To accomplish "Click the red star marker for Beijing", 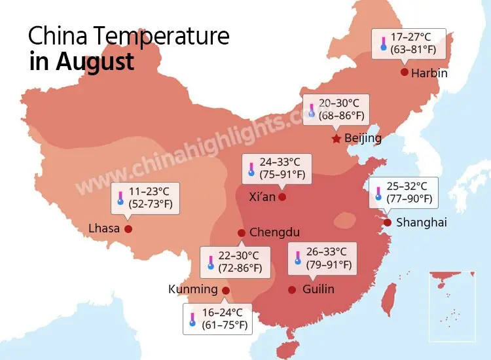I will [x=336, y=139].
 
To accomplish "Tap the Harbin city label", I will [x=429, y=73].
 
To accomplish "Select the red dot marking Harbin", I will [x=405, y=72].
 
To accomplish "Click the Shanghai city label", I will [x=422, y=223].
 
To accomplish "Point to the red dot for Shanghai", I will [x=388, y=223].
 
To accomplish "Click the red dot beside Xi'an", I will [x=282, y=196].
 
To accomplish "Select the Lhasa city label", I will [x=104, y=229].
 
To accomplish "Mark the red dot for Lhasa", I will [x=128, y=229].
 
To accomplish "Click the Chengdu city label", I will [x=275, y=232].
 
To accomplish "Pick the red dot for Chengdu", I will [x=242, y=233].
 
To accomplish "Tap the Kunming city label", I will [x=192, y=289].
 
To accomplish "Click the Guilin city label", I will [x=319, y=289].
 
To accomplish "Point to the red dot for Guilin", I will [x=292, y=289].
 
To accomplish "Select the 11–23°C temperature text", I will [x=149, y=191].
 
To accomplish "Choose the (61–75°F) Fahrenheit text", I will [x=225, y=325].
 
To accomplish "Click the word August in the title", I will [x=95, y=62].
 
